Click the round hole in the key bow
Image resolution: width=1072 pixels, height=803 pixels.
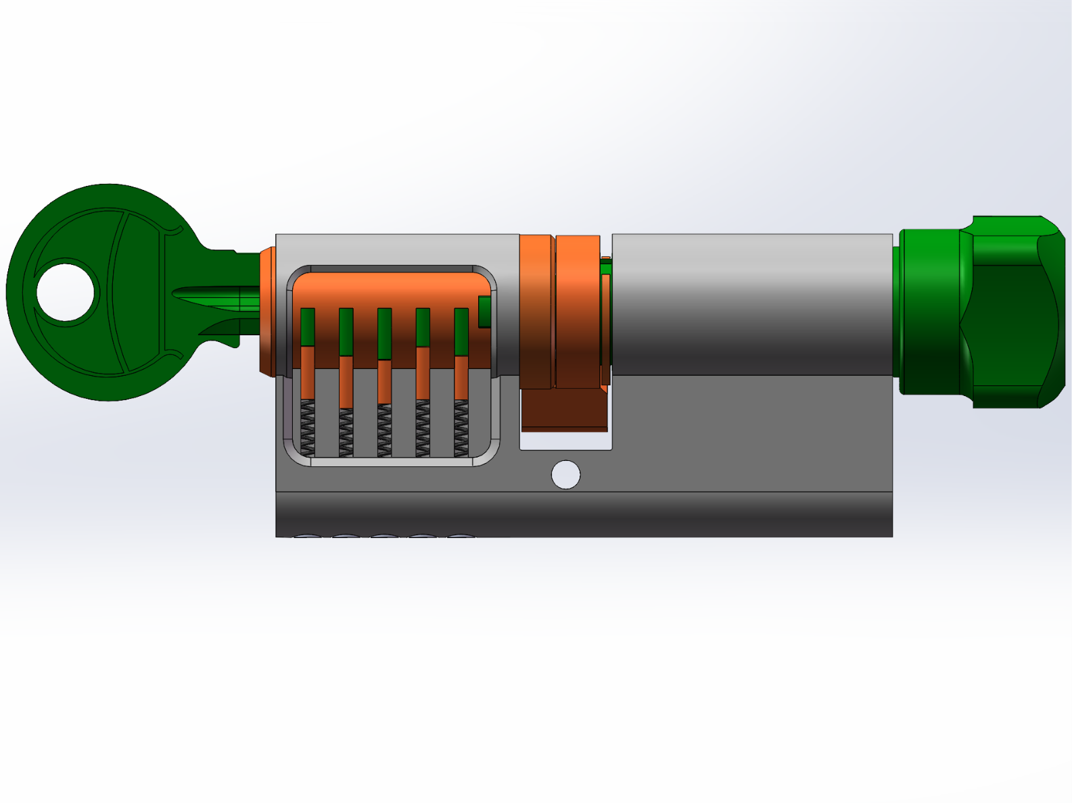(66, 293)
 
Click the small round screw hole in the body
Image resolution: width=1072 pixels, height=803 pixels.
(565, 474)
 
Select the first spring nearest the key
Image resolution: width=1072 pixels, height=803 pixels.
(307, 427)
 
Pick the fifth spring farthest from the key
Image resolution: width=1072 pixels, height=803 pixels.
(461, 427)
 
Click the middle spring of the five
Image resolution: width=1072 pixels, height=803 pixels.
(384, 430)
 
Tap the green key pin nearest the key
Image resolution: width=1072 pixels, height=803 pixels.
(308, 327)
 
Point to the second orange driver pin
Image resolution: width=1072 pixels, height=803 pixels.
(346, 382)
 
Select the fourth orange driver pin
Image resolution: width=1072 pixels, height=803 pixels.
(423, 373)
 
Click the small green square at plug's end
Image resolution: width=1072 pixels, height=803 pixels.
(484, 312)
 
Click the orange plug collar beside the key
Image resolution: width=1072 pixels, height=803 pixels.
(266, 311)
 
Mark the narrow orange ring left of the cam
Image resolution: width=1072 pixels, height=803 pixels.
(536, 311)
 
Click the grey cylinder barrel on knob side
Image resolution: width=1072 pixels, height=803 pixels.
(751, 304)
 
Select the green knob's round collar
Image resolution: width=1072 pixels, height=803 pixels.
(930, 311)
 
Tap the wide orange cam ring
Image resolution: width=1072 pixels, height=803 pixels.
(578, 311)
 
